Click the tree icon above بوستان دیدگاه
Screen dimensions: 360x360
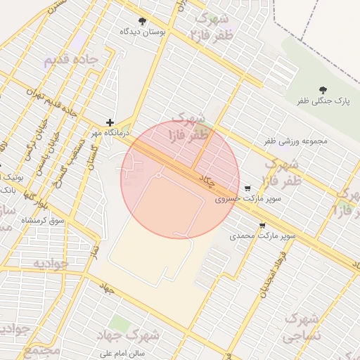coord(143,21)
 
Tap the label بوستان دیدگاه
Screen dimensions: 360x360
coord(143,32)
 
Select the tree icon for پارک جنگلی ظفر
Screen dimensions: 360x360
coord(323,90)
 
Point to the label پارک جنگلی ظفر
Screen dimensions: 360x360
coord(322,101)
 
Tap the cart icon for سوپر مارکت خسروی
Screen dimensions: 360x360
coord(247,188)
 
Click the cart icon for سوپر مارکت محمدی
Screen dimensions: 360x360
coord(262,226)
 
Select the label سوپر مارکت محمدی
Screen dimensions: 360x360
coord(262,237)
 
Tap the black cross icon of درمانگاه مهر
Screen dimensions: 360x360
coord(110,122)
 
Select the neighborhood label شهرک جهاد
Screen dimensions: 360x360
coord(148,337)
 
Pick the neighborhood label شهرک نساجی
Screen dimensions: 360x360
coord(302,327)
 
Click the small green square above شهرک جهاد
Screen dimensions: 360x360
coord(119,323)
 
